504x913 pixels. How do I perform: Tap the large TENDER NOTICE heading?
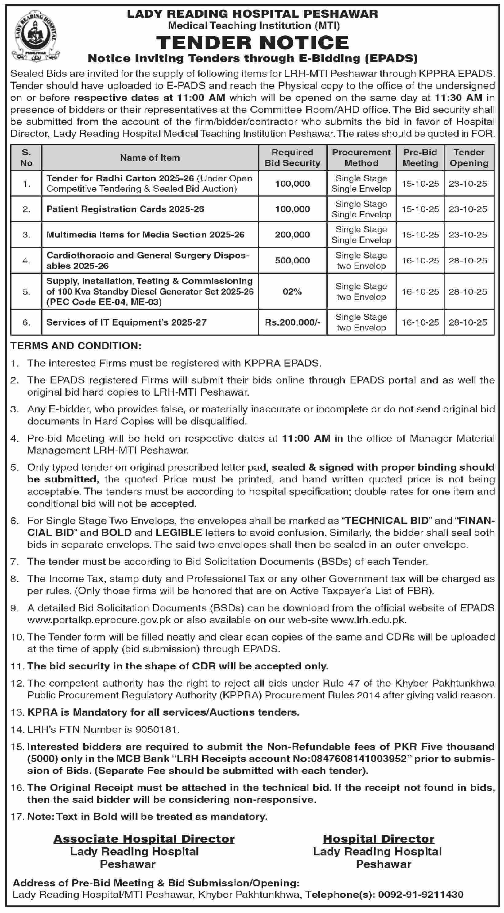coord(253,42)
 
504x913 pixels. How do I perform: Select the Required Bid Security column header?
coord(292,158)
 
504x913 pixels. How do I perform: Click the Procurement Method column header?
coord(361,158)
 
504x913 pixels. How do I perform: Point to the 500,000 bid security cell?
coord(292,260)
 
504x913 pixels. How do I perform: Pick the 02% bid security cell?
coord(292,292)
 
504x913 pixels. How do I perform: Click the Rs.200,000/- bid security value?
coord(292,322)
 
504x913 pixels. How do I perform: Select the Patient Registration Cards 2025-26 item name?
coord(125,209)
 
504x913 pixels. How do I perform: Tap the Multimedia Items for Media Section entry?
coord(145,235)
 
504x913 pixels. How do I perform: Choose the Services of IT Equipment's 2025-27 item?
coord(126,322)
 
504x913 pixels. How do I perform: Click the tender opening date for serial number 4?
coord(468,260)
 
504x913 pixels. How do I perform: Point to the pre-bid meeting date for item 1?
coord(420,184)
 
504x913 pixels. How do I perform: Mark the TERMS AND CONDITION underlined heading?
coord(76,346)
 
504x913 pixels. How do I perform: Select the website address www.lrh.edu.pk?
coord(368,620)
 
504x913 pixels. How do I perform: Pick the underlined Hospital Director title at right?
coord(378,839)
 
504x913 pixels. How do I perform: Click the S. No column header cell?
coord(26,158)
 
